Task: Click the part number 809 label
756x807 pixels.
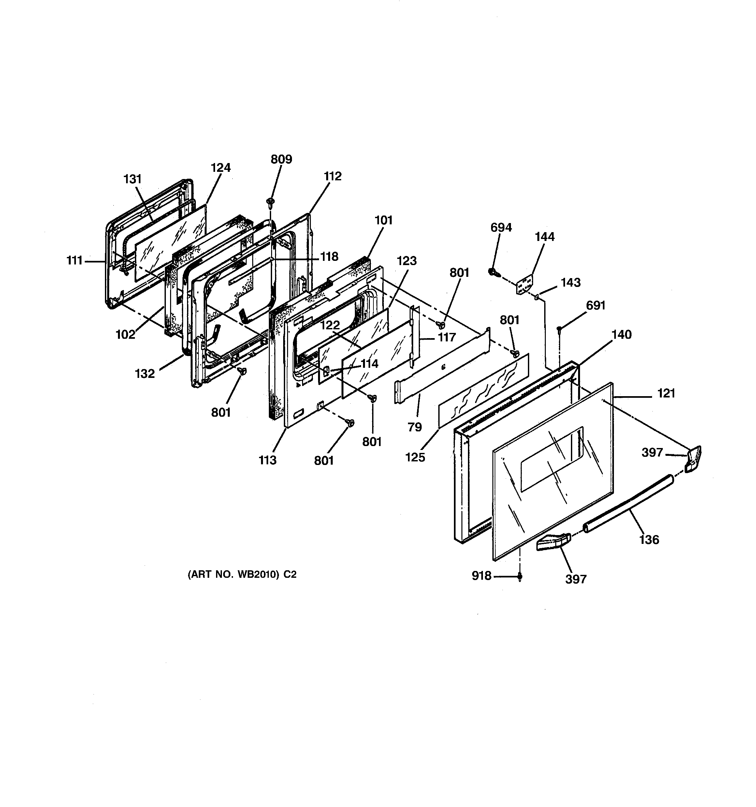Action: pos(281,159)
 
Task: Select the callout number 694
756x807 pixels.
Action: pos(501,227)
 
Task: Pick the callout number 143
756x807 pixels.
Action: pos(571,282)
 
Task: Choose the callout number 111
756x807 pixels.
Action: pos(75,260)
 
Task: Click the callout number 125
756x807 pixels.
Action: pos(415,457)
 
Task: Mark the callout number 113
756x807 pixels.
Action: pos(268,460)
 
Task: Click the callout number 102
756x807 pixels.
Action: pos(125,335)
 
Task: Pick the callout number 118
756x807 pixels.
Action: pos(329,257)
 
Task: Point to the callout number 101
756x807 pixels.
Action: pos(383,220)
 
